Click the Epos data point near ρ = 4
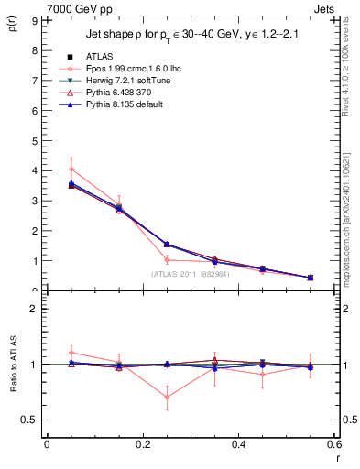click(x=71, y=169)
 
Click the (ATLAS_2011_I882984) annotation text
click(x=191, y=274)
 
